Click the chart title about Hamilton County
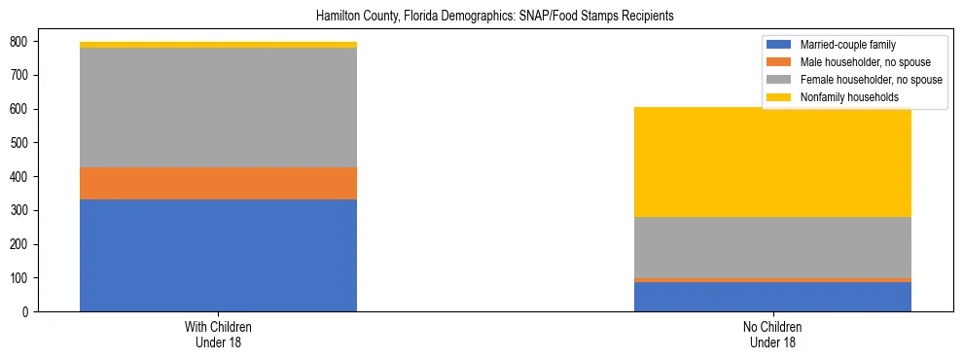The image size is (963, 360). coord(495,17)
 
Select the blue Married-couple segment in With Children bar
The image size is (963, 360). coord(218,255)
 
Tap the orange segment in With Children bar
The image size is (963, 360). coord(218,183)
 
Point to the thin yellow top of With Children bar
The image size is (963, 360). coord(218,45)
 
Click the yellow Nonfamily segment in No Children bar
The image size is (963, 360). coord(772,162)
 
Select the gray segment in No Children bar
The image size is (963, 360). coord(772,247)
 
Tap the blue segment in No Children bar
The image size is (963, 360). coord(772,297)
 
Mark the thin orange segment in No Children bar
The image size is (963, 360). coord(772,280)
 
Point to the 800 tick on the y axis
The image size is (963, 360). coord(20,42)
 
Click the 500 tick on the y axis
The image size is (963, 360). coord(20,143)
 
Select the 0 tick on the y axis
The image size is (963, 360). coord(27,311)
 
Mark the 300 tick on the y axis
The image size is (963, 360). coord(20,210)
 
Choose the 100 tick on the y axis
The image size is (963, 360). coord(20,278)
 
